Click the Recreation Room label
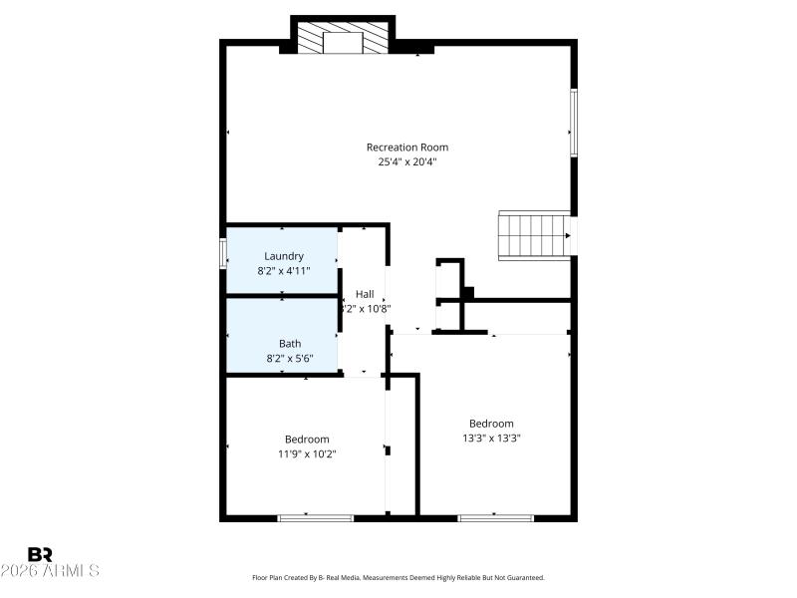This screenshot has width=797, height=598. click(x=400, y=148)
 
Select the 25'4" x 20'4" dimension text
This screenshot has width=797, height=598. click(x=400, y=161)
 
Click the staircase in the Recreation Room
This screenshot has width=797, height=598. click(x=534, y=235)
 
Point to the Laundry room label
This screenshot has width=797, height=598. click(x=284, y=256)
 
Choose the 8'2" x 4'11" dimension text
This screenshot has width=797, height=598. click(x=284, y=270)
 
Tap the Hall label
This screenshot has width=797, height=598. click(x=365, y=294)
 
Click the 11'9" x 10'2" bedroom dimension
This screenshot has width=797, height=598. click(x=307, y=453)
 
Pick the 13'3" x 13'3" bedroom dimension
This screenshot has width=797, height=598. click(x=492, y=438)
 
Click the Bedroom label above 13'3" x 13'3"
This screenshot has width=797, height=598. click(x=492, y=424)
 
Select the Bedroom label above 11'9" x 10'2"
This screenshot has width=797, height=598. click(x=307, y=440)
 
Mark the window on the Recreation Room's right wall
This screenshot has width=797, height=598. click(x=574, y=123)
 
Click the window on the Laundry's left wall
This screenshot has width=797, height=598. click(x=223, y=252)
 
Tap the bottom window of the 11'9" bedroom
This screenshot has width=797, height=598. click(x=316, y=517)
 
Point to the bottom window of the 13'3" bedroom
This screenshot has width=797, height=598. click(x=496, y=517)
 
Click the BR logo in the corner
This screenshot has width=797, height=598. click(x=40, y=554)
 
